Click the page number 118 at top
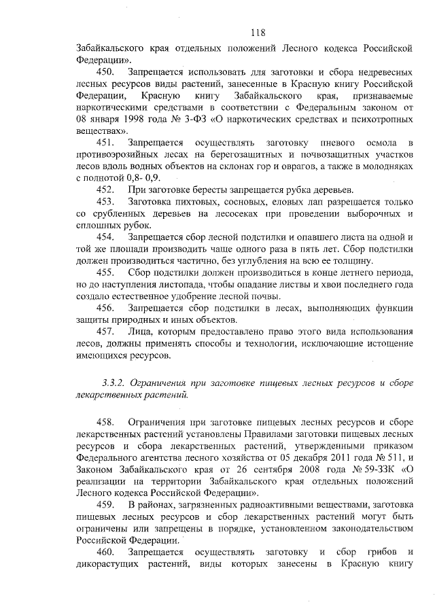point(257,32)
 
